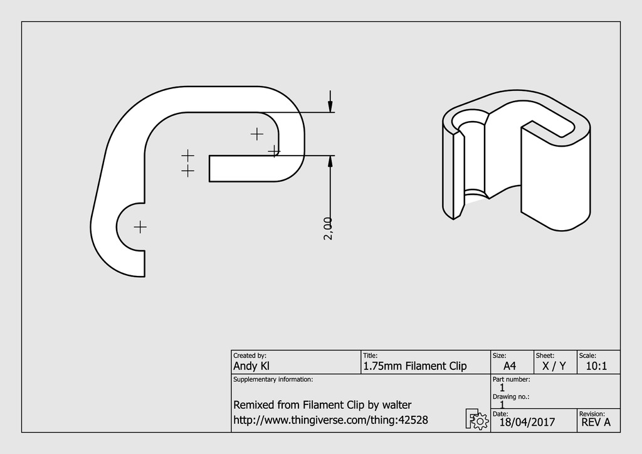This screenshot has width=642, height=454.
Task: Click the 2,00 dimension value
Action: pyautogui.click(x=327, y=228)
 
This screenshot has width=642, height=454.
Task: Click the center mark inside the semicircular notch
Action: pyautogui.click(x=140, y=227)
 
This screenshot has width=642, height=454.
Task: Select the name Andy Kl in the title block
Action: pyautogui.click(x=251, y=366)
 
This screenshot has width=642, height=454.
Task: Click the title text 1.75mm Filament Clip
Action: pyautogui.click(x=414, y=366)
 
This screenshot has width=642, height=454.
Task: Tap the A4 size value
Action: pyautogui.click(x=510, y=366)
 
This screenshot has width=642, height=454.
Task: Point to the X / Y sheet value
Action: pyautogui.click(x=554, y=366)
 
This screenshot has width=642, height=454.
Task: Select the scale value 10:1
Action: pyautogui.click(x=596, y=366)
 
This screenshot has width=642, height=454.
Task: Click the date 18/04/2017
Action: pyautogui.click(x=527, y=422)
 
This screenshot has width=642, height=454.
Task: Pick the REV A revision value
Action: pyautogui.click(x=596, y=422)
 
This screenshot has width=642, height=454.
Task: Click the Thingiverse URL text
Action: pyautogui.click(x=330, y=420)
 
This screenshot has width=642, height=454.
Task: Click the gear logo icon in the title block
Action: pyautogui.click(x=476, y=419)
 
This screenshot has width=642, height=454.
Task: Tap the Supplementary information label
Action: pyautogui.click(x=273, y=380)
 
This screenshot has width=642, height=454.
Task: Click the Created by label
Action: pyautogui.click(x=250, y=356)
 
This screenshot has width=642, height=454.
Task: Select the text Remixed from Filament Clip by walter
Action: pyautogui.click(x=322, y=404)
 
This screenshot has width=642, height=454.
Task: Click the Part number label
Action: pyautogui.click(x=512, y=379)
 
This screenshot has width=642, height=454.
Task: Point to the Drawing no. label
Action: pyautogui.click(x=512, y=396)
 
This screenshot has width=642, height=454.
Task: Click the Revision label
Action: pyautogui.click(x=592, y=414)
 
